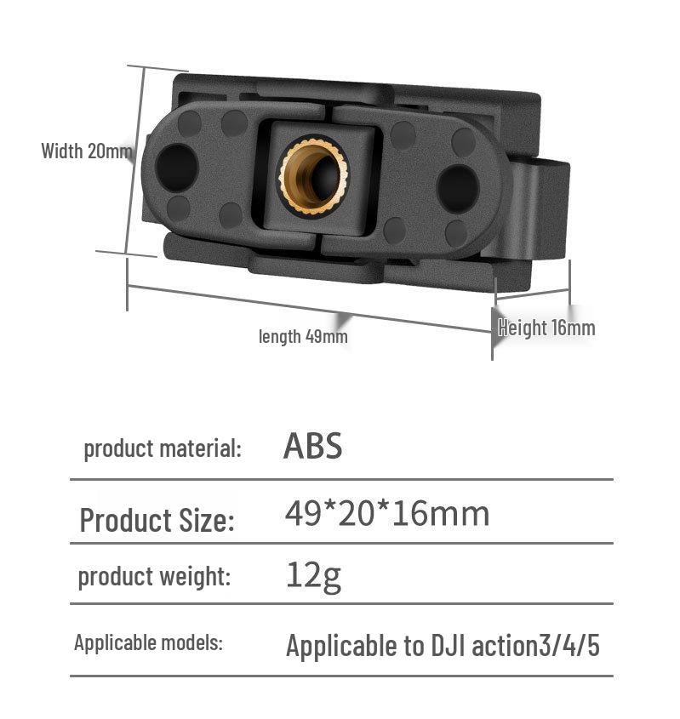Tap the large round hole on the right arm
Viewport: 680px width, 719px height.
pos(458,185)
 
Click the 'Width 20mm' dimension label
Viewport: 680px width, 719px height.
pos(87,151)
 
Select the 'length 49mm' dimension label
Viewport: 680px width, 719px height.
pos(303,336)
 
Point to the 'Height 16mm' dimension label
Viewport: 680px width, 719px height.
pos(546,328)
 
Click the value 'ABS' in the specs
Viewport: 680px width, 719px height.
pos(312,446)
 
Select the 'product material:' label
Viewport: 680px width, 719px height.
pos(162,448)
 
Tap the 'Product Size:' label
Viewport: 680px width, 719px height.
pos(157,520)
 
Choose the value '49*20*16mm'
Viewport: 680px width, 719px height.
pos(387,514)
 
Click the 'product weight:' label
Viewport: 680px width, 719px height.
pos(154,576)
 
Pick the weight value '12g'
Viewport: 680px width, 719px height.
pos(313,576)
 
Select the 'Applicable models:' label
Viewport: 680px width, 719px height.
pos(148,642)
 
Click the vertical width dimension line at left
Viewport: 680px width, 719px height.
pos(134,160)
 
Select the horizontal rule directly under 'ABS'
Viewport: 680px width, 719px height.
pos(340,480)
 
